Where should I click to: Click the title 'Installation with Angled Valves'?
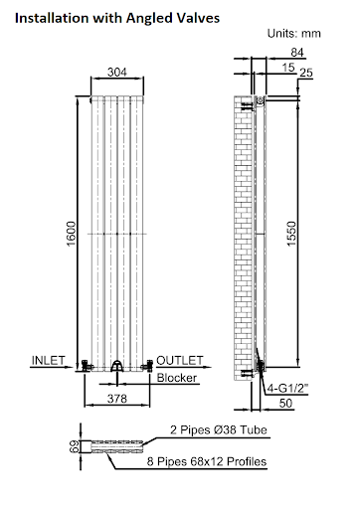coord(117,17)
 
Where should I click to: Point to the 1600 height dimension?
coord(71,236)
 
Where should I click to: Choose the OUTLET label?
coord(180,359)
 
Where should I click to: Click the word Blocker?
coord(177,378)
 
